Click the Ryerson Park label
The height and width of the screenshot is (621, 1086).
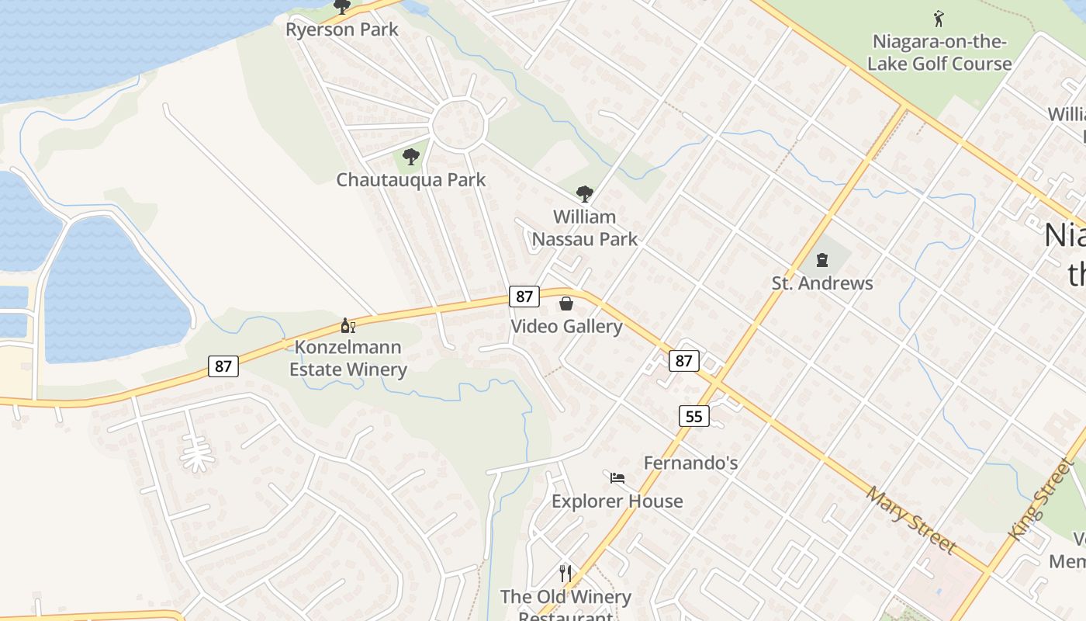tap(341, 29)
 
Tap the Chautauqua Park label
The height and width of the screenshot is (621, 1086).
tap(410, 180)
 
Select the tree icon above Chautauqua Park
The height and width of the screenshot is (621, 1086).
tap(411, 157)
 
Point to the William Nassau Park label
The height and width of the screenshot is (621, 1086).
tap(584, 227)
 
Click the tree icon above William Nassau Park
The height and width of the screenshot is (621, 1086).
tap(584, 194)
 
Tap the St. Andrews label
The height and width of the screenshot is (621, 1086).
tap(821, 283)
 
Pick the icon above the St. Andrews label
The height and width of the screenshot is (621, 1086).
tap(821, 260)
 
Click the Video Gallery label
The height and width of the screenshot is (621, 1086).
tap(566, 326)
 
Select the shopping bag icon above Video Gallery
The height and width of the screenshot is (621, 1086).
tap(566, 303)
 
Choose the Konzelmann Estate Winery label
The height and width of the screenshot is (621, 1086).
tap(348, 358)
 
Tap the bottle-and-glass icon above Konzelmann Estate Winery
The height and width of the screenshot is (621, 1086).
tap(348, 326)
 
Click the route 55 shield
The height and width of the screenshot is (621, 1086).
tap(693, 416)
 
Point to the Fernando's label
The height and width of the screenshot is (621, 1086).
tap(690, 463)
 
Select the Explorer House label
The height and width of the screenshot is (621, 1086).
tap(617, 501)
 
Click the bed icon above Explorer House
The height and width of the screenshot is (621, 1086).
tap(617, 478)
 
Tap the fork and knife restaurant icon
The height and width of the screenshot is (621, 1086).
tap(565, 574)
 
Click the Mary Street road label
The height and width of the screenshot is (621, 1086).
tap(911, 519)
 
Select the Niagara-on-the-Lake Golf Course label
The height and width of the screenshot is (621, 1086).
tap(939, 52)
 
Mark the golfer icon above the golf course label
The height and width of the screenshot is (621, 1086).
tap(939, 18)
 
